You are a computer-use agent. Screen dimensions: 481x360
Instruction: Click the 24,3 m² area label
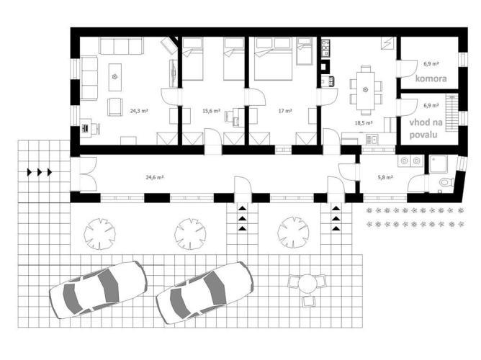(139, 111)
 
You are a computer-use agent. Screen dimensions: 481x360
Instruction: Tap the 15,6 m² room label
(212, 111)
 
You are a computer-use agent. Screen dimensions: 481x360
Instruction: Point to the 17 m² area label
(285, 111)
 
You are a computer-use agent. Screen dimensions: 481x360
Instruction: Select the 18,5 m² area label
(364, 123)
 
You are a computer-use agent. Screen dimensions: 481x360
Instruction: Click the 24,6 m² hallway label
(154, 177)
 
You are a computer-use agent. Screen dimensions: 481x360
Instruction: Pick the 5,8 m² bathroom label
(385, 177)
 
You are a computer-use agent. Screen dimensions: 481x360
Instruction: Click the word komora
(431, 78)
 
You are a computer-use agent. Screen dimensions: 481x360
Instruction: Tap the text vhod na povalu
(425, 128)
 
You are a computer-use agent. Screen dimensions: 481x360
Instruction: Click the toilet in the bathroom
(446, 182)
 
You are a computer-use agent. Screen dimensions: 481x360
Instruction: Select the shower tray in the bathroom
(439, 163)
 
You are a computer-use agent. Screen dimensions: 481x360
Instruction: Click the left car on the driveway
(99, 289)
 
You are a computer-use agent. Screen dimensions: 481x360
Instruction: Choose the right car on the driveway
(204, 292)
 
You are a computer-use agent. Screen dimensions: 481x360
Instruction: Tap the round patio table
(307, 283)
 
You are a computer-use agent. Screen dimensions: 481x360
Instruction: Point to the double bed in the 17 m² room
(273, 58)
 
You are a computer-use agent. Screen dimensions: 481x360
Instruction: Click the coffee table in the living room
(115, 77)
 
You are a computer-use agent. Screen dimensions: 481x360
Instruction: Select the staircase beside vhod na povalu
(452, 112)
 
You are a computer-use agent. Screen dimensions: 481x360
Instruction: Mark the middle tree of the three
(190, 234)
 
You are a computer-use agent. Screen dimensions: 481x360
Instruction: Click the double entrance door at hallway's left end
(88, 174)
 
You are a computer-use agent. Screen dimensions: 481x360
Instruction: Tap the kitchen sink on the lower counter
(373, 140)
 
